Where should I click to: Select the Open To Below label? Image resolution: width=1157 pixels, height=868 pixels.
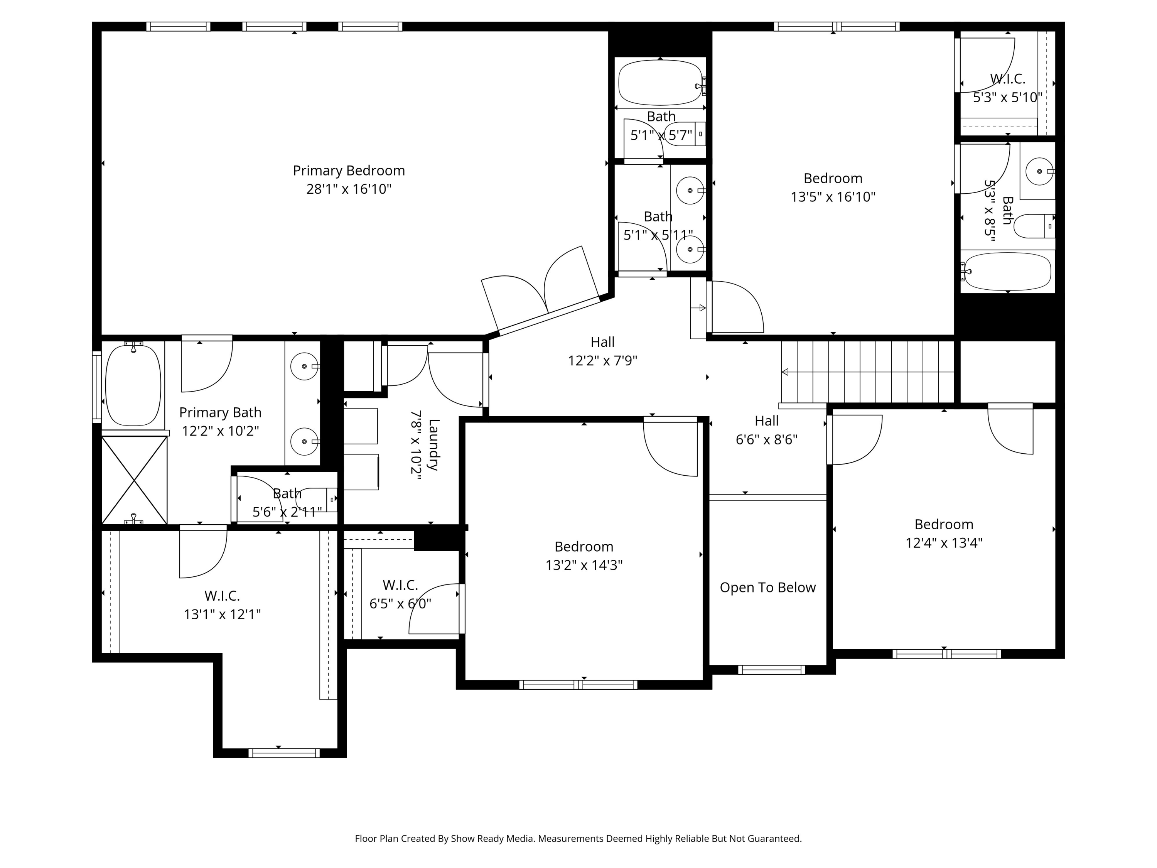coord(767,588)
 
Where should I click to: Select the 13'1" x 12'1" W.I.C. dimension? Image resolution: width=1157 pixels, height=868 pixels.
coord(222,614)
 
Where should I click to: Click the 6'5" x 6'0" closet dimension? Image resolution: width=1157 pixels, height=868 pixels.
coord(400,604)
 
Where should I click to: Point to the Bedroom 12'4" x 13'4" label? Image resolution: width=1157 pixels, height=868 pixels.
coord(944,524)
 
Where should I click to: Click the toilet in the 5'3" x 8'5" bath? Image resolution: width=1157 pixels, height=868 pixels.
coord(1034,226)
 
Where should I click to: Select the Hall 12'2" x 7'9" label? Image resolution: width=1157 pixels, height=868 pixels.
coord(602,342)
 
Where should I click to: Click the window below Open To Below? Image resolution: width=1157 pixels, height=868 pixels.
coord(771,670)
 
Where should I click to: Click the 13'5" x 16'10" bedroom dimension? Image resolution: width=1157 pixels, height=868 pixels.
coord(833,197)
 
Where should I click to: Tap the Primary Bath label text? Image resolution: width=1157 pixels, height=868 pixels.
coord(220,412)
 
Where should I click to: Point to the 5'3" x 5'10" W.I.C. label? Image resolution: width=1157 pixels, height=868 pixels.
coord(1007,79)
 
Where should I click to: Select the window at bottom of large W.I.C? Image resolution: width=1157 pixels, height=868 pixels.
coord(283,753)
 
